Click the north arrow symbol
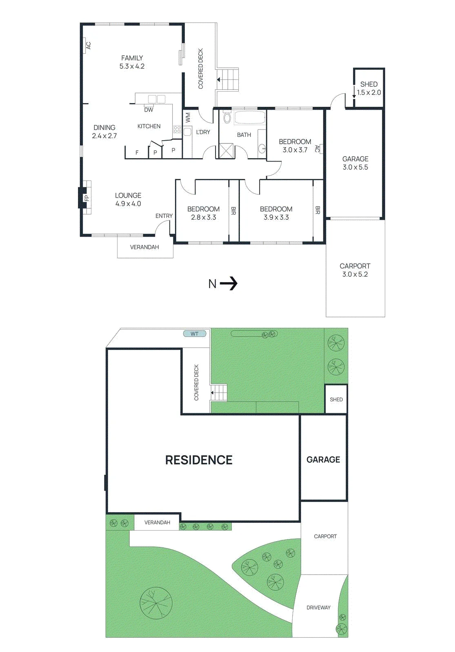[x=229, y=284]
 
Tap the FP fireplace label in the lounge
[x=87, y=198]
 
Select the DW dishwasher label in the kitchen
[x=149, y=110]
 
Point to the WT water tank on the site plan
[x=195, y=334]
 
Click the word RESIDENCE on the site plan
[x=199, y=460]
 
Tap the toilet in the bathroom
[x=227, y=118]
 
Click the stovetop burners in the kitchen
[x=177, y=129]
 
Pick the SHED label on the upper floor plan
[x=369, y=84]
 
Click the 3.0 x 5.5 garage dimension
[x=355, y=167]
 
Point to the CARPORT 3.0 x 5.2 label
[x=355, y=270]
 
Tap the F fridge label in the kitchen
[x=137, y=152]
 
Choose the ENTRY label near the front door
[x=164, y=216]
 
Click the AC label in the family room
[x=88, y=46]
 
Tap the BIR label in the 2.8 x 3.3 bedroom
[x=233, y=211]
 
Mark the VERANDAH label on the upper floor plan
[x=144, y=247]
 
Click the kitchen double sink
[x=157, y=99]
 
